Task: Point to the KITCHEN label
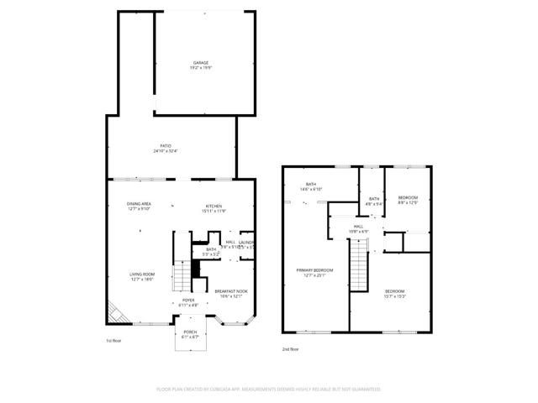tap(214, 208)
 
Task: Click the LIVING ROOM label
tap(141, 276)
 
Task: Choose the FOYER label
tap(189, 302)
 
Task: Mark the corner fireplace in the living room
tap(115, 314)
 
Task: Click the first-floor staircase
tap(182, 275)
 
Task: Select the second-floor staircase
tap(359, 264)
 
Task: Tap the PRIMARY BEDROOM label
tap(316, 272)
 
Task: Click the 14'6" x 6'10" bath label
tap(311, 187)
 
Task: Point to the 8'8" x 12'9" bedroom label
tap(408, 200)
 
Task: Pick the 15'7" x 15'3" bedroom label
tap(395, 293)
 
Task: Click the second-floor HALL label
tap(358, 228)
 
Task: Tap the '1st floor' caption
tap(115, 341)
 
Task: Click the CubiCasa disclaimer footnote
tap(269, 389)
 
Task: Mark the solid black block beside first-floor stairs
tap(196, 269)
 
